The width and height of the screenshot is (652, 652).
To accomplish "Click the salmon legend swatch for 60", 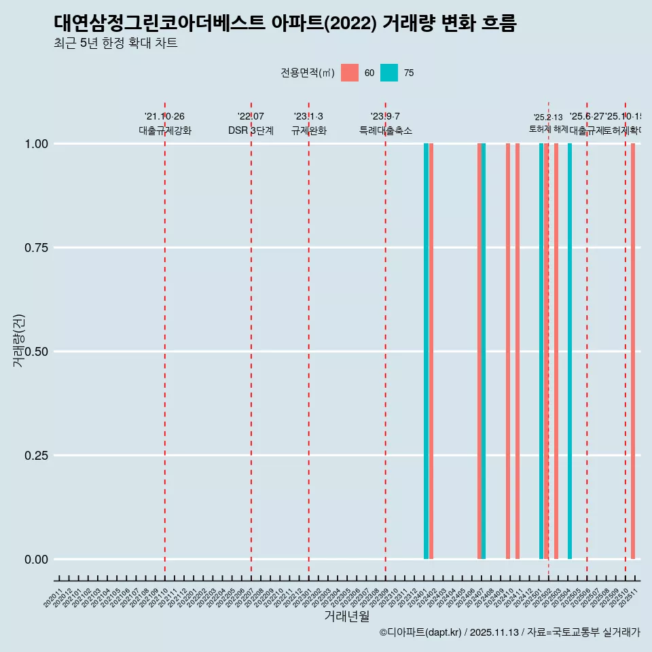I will (x=349, y=73).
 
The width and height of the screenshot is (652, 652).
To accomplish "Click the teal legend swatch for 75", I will (x=388, y=73).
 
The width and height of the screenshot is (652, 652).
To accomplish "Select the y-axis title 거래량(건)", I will (x=19, y=340).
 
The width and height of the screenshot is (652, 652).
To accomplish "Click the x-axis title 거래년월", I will (x=346, y=617).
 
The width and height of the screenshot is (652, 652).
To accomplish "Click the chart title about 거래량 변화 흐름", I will (x=285, y=24).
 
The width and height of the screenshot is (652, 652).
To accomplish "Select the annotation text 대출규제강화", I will (x=165, y=130).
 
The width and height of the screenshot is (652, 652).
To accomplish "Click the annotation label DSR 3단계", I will (x=251, y=130).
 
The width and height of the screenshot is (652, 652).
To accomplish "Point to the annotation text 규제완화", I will (x=309, y=130).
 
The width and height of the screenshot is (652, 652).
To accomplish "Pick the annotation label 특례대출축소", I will (x=386, y=130).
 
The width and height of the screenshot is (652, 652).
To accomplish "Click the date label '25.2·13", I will (x=548, y=117).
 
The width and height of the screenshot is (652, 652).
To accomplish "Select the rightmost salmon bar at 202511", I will (x=633, y=351).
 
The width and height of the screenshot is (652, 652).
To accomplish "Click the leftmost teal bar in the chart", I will (x=426, y=351).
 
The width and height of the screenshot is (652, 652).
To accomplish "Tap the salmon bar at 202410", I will (x=508, y=351).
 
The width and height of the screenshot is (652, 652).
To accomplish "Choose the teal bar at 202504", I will (x=570, y=351).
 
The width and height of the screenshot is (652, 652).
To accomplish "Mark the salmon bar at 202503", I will (x=556, y=351).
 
